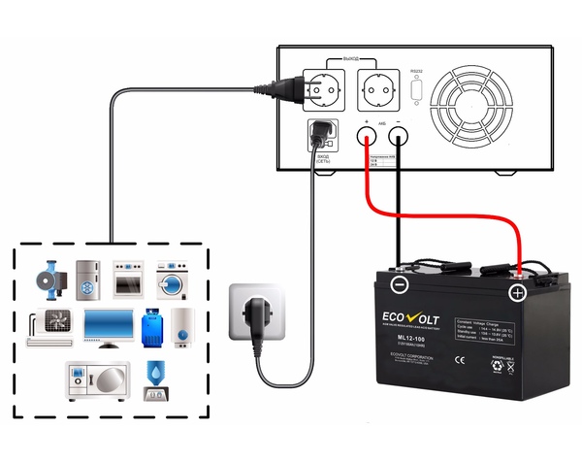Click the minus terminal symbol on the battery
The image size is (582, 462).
click(399, 285)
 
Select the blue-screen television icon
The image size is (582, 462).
click(108, 329)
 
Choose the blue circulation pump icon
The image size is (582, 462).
click(50, 277)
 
